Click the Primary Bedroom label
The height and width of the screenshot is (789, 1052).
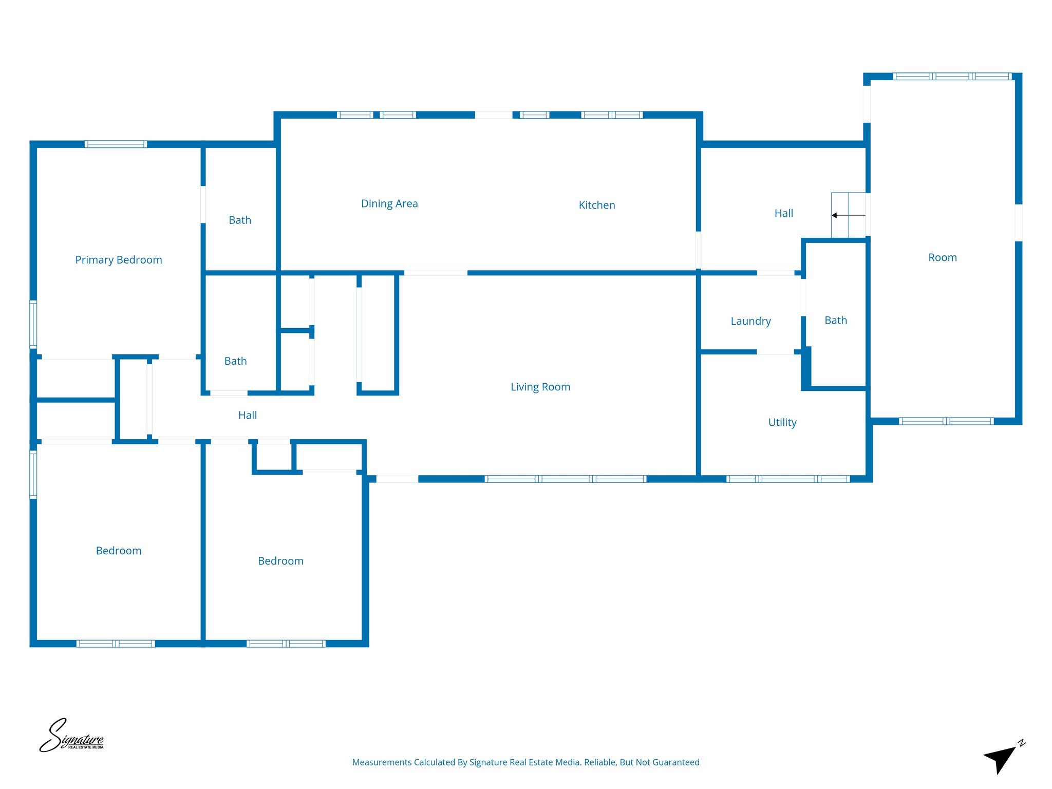[119, 260]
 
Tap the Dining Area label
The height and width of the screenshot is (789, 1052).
[389, 203]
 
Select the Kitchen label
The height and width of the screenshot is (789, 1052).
[596, 205]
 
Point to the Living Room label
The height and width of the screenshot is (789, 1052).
[540, 387]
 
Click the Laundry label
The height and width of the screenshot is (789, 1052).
[750, 321]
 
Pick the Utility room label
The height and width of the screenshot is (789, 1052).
[782, 422]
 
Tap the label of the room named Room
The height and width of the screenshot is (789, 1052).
[942, 257]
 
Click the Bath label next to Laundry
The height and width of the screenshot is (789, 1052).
[835, 320]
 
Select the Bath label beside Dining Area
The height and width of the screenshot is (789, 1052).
[240, 220]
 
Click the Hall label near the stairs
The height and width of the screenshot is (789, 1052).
[783, 213]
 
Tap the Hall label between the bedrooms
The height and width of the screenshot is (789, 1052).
[248, 415]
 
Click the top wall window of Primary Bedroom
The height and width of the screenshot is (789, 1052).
[116, 144]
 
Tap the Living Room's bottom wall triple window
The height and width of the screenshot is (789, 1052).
[565, 479]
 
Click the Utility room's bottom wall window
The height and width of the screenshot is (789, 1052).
[788, 479]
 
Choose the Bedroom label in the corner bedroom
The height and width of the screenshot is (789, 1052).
[119, 551]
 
